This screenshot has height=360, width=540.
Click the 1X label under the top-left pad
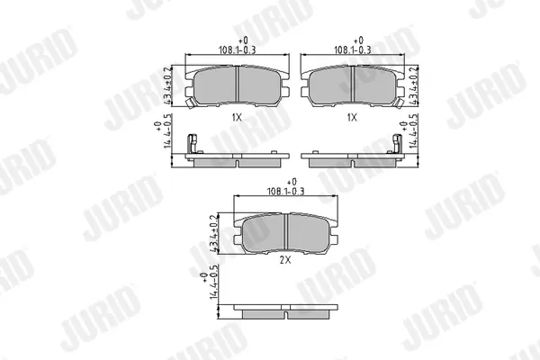237,118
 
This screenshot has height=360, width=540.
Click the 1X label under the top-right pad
352,118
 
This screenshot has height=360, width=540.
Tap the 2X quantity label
285,260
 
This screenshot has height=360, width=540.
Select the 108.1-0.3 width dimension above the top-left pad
238,50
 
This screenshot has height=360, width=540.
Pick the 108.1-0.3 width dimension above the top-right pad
352,50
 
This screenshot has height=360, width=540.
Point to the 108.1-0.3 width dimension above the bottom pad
286,191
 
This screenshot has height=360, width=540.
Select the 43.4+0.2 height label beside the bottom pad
214,234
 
